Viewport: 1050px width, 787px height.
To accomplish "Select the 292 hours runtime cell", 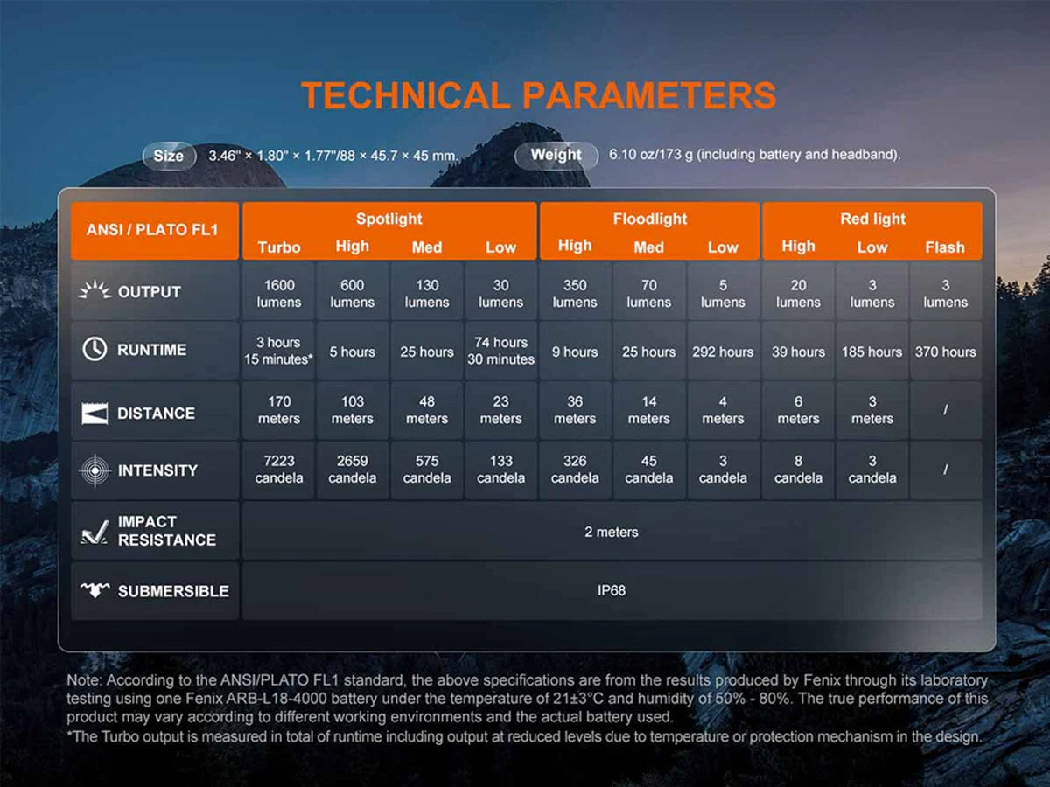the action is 723,352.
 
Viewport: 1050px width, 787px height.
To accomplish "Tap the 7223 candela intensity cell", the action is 279,470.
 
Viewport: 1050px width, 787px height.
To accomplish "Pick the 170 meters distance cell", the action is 279,410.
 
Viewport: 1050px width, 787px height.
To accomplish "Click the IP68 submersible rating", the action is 612,590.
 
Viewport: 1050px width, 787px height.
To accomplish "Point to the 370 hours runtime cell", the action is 945,352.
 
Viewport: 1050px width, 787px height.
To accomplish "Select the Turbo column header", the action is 279,247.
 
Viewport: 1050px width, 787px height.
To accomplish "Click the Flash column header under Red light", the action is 945,247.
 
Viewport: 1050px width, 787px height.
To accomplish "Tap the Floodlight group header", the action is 649,219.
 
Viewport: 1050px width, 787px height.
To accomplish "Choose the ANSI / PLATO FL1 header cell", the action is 152,230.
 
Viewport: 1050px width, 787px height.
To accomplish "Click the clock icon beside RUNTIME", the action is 94,349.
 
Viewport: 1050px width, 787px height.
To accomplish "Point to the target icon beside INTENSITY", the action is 94,470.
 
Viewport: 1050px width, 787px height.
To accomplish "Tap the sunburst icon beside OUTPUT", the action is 94,290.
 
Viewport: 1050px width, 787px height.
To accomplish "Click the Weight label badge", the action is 556,155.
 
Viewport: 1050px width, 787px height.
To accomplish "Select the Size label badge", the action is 169,156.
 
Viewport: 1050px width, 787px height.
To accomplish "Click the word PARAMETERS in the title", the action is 648,95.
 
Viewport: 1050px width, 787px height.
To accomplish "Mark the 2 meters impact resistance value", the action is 612,532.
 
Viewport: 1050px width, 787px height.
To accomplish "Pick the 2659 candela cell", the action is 352,470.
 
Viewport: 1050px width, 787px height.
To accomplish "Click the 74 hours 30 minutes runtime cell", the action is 500,351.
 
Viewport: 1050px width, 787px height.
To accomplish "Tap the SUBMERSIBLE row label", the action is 173,591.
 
